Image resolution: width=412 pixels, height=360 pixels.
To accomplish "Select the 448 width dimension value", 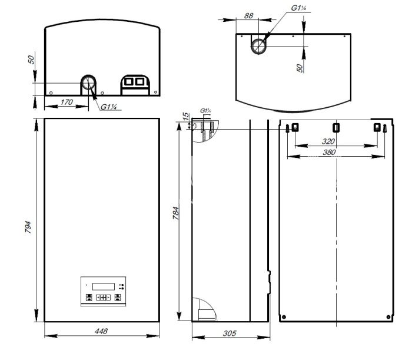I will point(102,332).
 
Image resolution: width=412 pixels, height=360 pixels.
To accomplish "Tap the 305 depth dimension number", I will point(230,333).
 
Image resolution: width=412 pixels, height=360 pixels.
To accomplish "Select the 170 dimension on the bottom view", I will point(67,102).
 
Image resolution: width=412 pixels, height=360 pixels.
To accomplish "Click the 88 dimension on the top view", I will point(248,16).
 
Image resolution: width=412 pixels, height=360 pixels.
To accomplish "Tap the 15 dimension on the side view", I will point(186,117).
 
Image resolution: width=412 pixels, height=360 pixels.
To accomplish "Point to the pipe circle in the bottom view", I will point(89,83).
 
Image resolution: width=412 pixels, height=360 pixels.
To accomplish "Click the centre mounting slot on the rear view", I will point(336,127).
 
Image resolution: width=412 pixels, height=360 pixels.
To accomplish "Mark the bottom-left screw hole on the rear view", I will point(284,317).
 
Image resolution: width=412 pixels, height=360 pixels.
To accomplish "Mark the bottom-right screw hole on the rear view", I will point(387,317).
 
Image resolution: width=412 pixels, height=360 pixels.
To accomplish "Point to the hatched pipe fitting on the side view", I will point(204,131).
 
